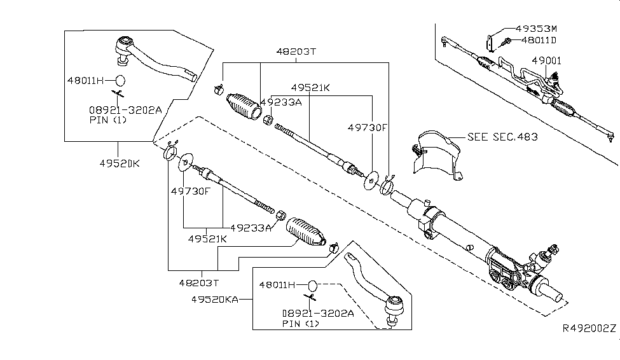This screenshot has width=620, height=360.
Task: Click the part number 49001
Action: [546, 60]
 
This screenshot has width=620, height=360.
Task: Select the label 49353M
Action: [536, 29]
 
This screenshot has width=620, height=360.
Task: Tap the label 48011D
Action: [539, 40]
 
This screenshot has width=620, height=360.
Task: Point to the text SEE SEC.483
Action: [502, 137]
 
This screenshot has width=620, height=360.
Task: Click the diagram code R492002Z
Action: [589, 328]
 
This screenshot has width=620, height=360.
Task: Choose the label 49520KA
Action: [215, 300]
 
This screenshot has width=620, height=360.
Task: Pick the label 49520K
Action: [120, 163]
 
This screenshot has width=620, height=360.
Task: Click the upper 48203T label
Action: [296, 52]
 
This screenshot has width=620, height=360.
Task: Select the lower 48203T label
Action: [199, 283]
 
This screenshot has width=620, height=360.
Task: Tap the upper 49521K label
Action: [310, 87]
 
